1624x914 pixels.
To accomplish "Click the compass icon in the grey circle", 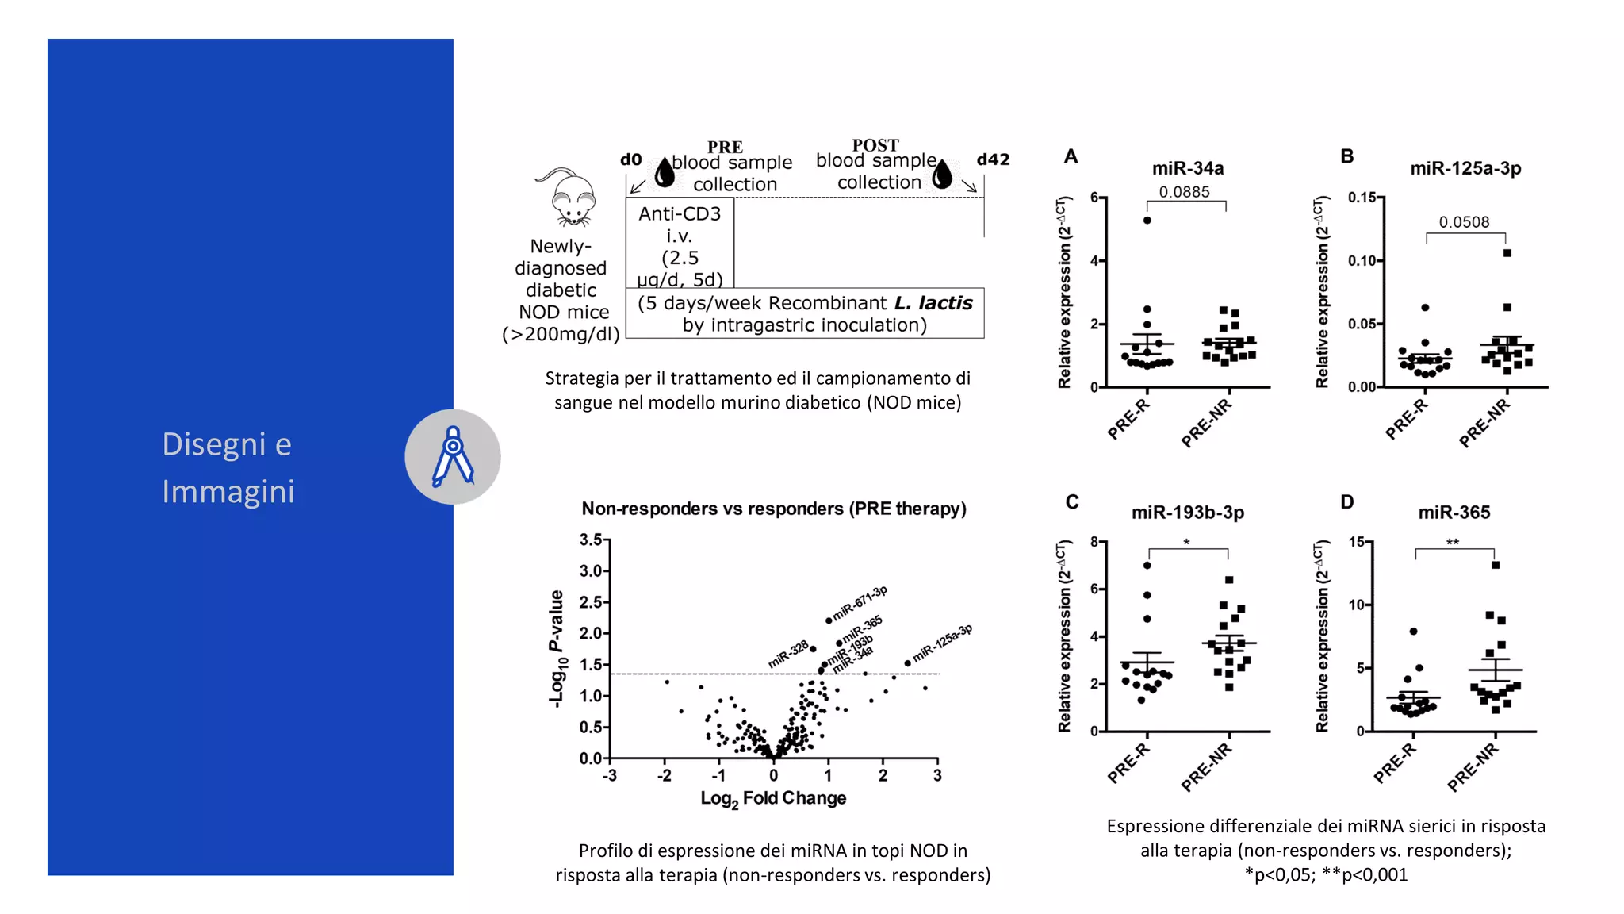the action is click(453, 456).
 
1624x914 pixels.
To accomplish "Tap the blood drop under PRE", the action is click(665, 172).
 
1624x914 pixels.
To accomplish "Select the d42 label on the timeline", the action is click(993, 159).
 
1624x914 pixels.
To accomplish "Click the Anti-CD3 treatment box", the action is click(680, 243).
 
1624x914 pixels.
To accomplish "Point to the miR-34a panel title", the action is click(1187, 168).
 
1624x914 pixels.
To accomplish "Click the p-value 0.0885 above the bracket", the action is click(1184, 192).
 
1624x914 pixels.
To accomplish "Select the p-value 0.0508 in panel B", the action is click(1464, 222).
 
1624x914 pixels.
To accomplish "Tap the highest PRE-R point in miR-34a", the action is click(1147, 221).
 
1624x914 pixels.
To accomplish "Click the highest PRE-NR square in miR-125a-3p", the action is click(1507, 253).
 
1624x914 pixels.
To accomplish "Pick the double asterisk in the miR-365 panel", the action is click(1452, 543).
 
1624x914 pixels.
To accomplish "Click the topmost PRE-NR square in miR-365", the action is click(1496, 565).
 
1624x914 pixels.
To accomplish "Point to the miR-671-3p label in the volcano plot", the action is click(860, 603).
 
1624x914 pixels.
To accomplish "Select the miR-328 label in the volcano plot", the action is click(788, 655).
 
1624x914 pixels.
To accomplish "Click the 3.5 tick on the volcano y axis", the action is click(591, 540).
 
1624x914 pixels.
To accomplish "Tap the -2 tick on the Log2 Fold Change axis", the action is click(664, 775).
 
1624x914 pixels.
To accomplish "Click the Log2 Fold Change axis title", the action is click(773, 799).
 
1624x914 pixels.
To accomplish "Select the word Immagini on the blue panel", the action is click(228, 491).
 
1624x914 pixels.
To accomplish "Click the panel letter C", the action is click(1072, 502).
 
